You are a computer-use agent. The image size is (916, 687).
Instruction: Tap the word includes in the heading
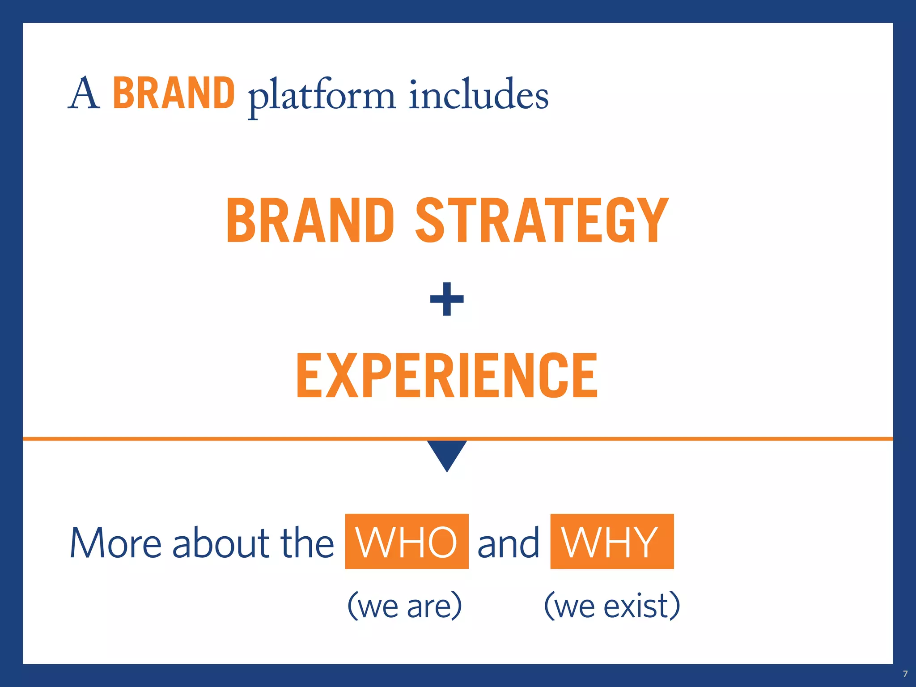coord(478,95)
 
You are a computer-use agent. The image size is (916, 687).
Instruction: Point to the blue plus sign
coord(447,299)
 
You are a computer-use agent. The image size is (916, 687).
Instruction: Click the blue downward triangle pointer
coord(447,454)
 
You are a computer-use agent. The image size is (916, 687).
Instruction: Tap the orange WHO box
coord(407,542)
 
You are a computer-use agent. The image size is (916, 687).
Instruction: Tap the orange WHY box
coord(611,542)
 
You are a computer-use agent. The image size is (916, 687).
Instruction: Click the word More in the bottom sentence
coord(115,543)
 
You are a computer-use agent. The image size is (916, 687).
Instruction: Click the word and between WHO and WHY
coord(509,543)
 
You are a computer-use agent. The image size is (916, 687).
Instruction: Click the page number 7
coord(905,674)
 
